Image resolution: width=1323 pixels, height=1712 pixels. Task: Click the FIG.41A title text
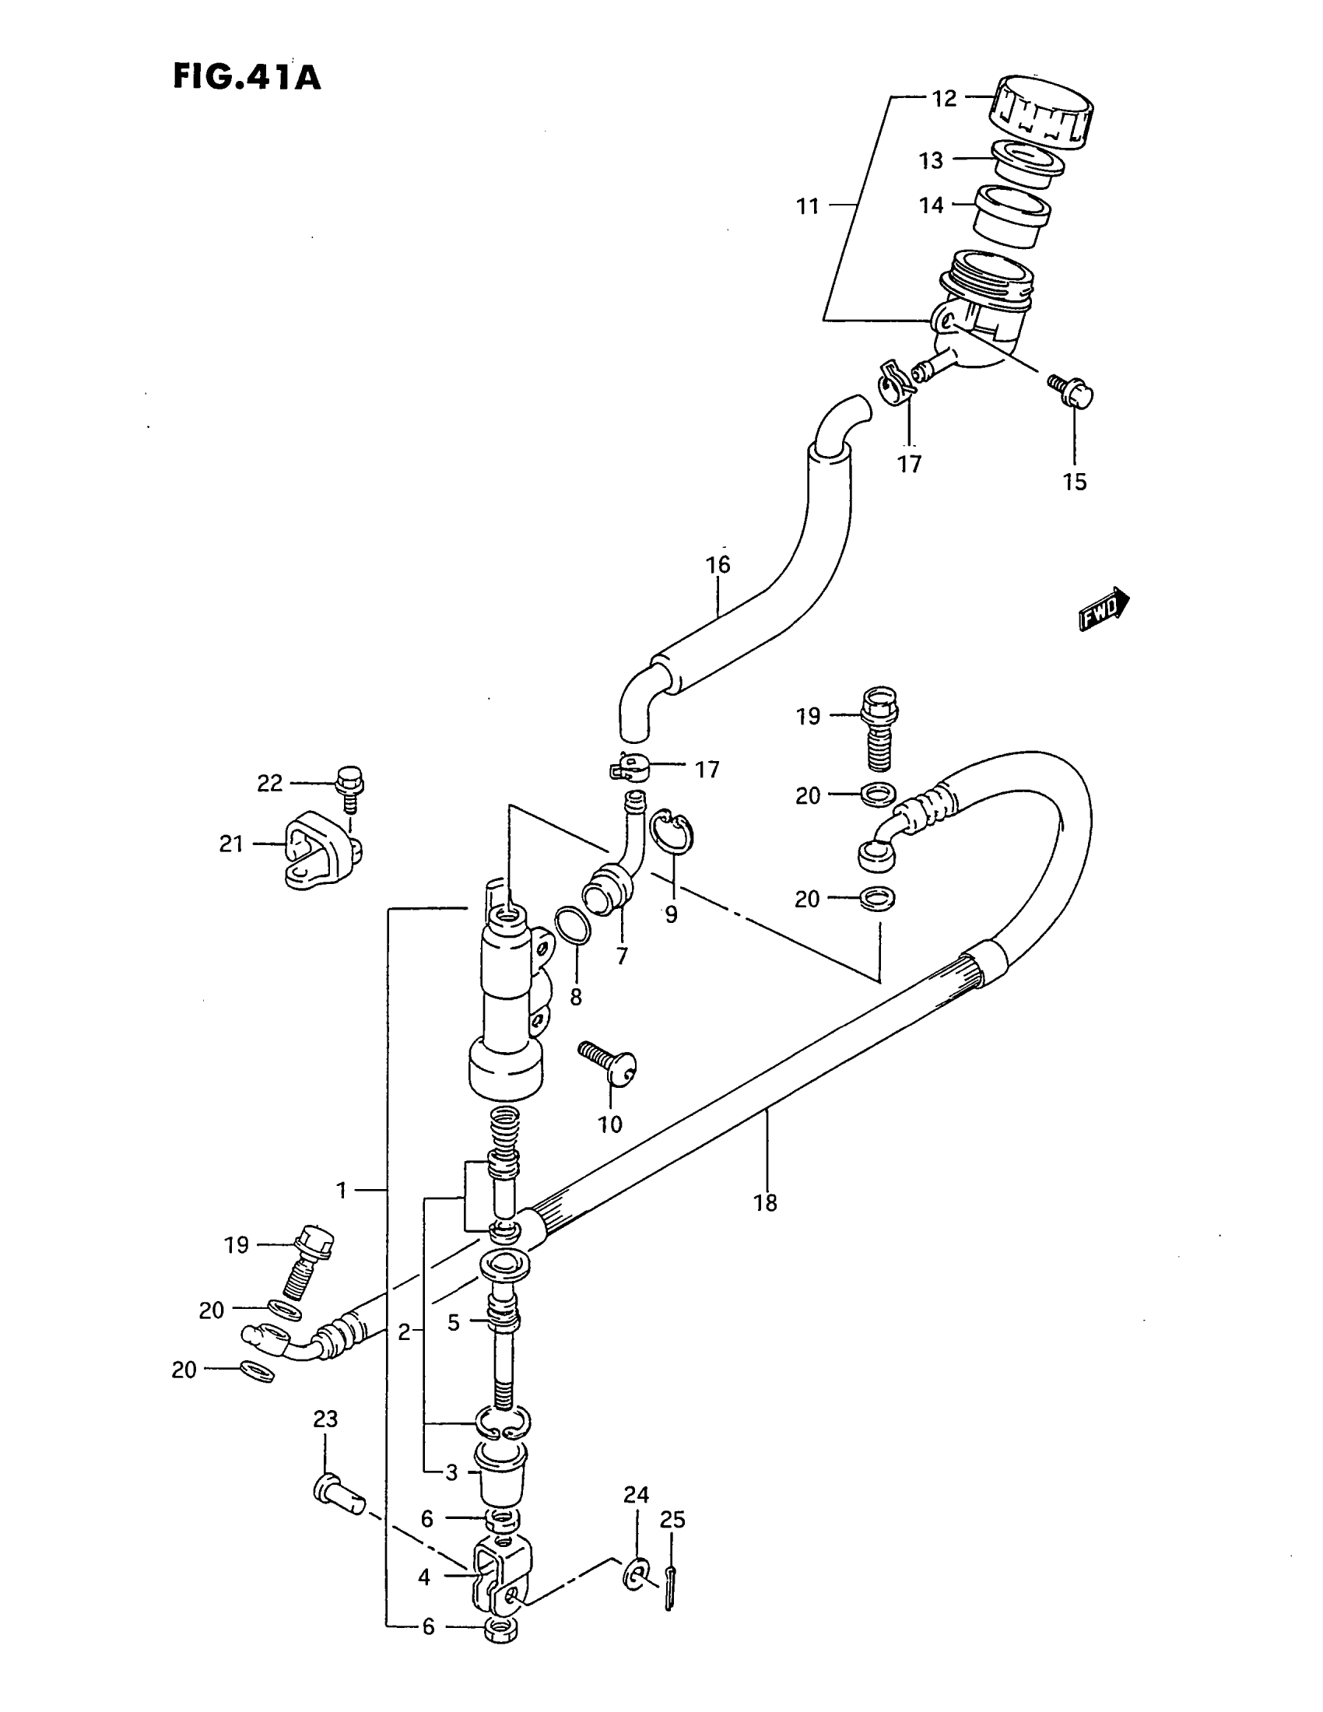click(x=246, y=78)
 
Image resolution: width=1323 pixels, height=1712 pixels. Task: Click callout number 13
click(x=930, y=161)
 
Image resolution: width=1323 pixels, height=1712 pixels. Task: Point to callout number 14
click(x=931, y=205)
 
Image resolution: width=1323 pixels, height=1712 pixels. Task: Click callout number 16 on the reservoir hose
click(x=718, y=564)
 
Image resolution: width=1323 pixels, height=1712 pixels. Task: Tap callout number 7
click(x=622, y=957)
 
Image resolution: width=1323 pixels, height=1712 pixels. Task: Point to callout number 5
click(x=453, y=1322)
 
